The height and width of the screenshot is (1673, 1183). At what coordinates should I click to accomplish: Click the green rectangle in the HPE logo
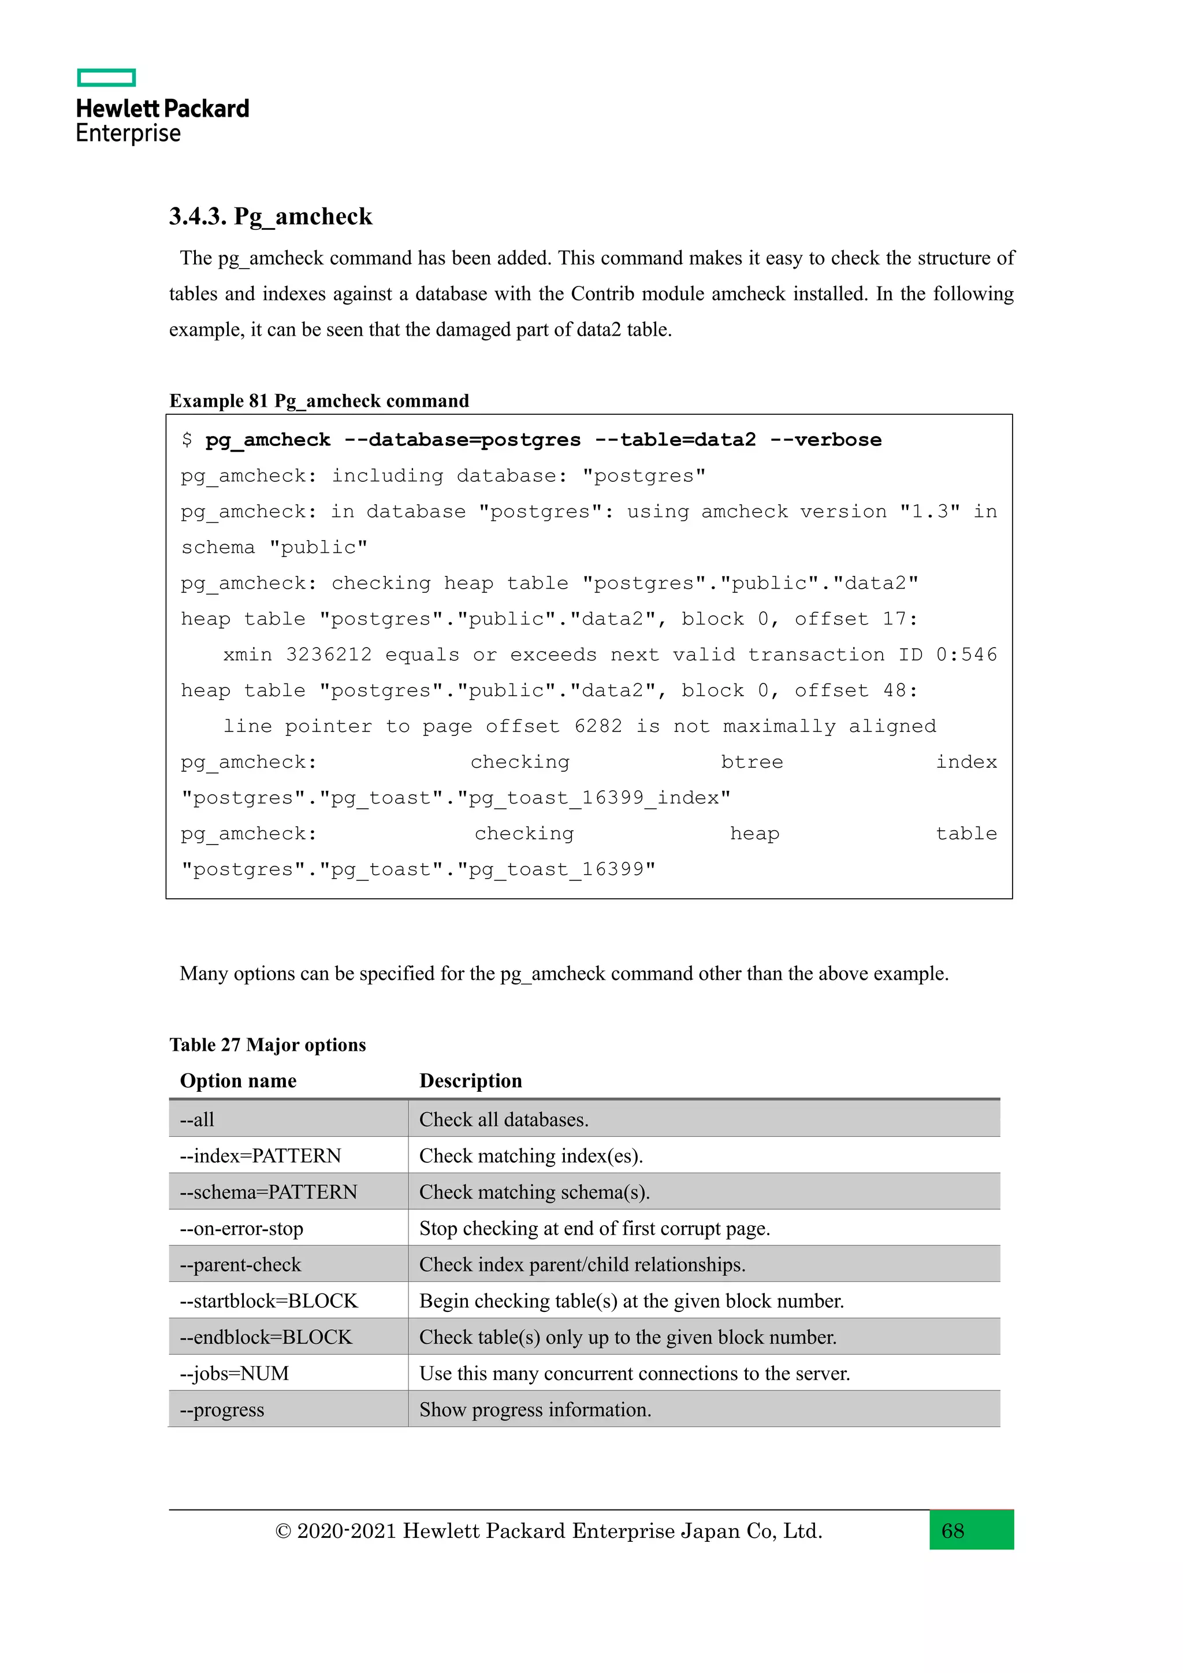click(x=106, y=77)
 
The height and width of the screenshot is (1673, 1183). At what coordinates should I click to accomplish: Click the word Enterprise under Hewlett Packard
click(x=128, y=133)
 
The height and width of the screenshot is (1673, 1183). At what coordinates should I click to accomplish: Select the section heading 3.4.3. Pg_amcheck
click(x=270, y=217)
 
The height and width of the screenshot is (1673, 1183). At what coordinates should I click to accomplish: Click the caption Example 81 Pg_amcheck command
click(x=319, y=401)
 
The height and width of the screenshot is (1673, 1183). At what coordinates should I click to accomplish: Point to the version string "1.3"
click(x=929, y=511)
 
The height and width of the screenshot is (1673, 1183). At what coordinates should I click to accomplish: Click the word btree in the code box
click(x=752, y=762)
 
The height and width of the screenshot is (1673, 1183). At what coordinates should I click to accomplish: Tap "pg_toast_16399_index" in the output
click(x=593, y=798)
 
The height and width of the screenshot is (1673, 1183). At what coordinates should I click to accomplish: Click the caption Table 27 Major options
click(x=267, y=1045)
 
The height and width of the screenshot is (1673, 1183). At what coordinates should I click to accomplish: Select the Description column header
click(x=471, y=1081)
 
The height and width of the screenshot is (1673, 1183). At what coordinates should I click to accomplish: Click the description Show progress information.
click(x=535, y=1410)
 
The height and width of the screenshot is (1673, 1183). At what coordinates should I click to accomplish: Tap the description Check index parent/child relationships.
click(x=582, y=1265)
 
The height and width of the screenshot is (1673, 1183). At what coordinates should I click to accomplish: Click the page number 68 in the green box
click(x=952, y=1531)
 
